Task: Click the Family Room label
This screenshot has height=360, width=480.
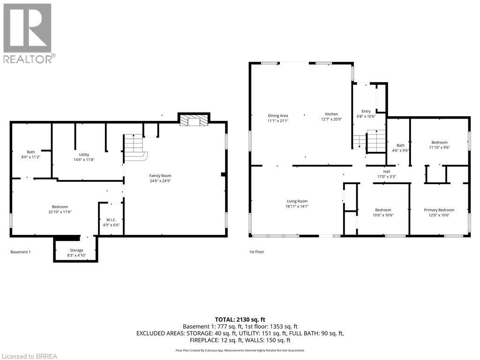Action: [x=160, y=176]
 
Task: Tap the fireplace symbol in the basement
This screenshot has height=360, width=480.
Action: [x=193, y=120]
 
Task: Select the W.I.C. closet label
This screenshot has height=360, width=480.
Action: [x=111, y=220]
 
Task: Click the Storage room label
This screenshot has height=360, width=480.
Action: [x=76, y=250]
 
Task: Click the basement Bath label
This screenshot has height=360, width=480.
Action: [x=30, y=152]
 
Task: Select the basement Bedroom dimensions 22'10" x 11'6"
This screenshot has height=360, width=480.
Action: [x=60, y=212]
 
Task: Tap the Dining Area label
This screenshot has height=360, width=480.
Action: [x=278, y=115]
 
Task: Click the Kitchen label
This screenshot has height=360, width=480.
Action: [x=331, y=114]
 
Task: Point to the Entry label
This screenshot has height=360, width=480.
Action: [x=366, y=111]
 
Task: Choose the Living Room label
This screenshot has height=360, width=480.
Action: [x=297, y=201]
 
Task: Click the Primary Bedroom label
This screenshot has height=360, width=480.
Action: [x=439, y=210]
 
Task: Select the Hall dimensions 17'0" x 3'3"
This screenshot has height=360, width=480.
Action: [x=387, y=177]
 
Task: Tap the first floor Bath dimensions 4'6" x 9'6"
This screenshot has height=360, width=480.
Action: [x=400, y=150]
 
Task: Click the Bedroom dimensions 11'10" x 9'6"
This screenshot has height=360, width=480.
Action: [x=439, y=148]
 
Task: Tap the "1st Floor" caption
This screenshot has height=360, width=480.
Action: [x=256, y=252]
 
